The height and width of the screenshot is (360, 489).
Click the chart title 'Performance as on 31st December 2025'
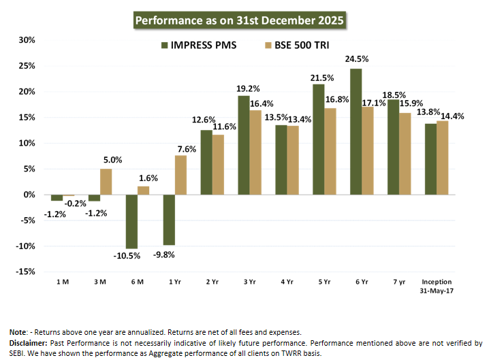[x=240, y=20]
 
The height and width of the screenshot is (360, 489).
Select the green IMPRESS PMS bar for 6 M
[x=131, y=221]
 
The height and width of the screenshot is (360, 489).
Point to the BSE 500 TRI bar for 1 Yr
[x=180, y=175]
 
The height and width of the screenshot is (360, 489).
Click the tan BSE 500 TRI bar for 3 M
[x=106, y=182]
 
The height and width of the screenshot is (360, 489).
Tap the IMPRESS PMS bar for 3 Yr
[x=243, y=145]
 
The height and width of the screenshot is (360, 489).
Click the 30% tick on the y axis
[x=27, y=39]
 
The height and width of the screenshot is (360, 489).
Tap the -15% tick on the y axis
[x=25, y=272]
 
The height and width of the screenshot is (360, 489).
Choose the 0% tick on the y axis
[x=29, y=195]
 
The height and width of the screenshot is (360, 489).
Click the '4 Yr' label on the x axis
[x=287, y=281]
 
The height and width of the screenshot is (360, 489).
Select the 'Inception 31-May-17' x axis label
[x=437, y=286]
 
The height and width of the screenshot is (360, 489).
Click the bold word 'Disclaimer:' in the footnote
[x=28, y=342]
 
